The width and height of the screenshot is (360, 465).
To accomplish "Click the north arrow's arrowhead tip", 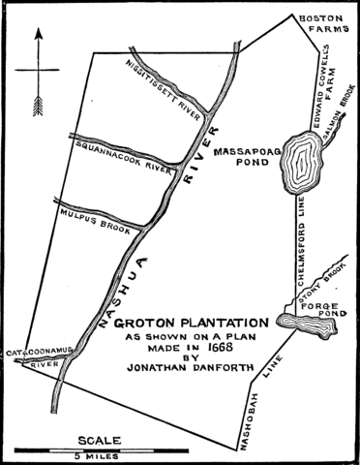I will point(38,30).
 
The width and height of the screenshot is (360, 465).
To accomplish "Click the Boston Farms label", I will point(322,25).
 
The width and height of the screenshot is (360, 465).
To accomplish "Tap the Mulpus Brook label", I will point(92,210).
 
